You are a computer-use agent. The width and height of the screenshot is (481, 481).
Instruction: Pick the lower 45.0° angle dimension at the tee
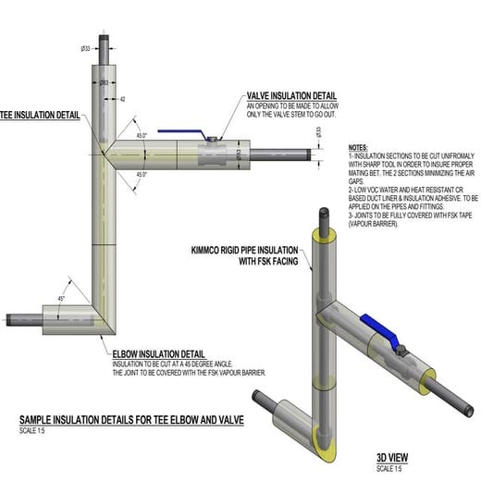[x=142, y=175]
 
